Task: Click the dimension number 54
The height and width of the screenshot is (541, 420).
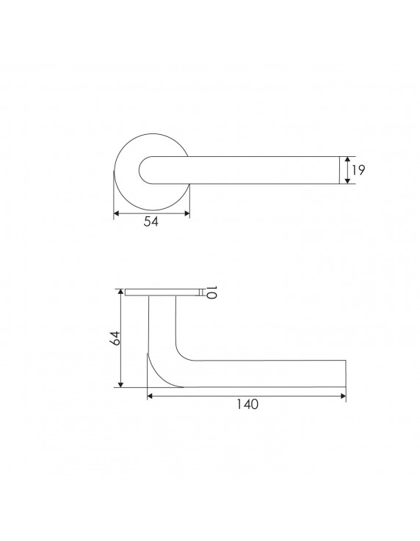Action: pos(151,221)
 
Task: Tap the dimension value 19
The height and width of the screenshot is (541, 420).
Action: pos(358,170)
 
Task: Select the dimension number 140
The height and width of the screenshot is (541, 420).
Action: pos(247,404)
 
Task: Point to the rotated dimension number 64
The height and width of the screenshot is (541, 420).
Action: pos(115,338)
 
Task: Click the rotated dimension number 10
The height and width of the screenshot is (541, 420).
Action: pos(211,292)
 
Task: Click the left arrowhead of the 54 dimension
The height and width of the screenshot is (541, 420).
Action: pos(117,213)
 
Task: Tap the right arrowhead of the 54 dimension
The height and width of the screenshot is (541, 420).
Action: pos(187,213)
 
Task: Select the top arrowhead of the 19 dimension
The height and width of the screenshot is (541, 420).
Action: pos(347,159)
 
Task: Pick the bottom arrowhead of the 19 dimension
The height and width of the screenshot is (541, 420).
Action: pos(347,181)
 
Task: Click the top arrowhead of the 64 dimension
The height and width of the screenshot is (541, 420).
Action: pos(120,292)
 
